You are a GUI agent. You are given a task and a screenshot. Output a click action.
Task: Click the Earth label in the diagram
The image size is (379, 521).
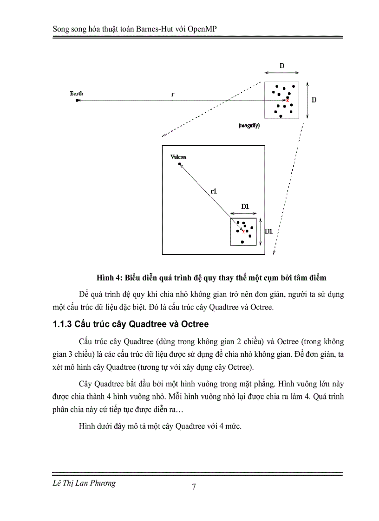click(x=77, y=94)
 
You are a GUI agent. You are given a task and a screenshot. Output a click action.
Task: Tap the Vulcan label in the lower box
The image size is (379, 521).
click(x=178, y=157)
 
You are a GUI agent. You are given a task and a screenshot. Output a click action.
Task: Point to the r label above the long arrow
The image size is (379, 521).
click(x=173, y=94)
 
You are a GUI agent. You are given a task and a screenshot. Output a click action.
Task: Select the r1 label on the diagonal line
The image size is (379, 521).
click(x=214, y=191)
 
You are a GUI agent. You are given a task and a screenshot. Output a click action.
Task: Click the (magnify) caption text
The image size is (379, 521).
click(x=249, y=126)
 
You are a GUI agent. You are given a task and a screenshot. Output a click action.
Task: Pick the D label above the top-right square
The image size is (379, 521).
click(x=282, y=66)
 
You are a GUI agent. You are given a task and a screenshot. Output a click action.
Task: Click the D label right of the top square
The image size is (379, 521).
click(x=314, y=100)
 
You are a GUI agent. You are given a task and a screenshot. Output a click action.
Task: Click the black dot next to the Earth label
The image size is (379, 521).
click(x=77, y=100)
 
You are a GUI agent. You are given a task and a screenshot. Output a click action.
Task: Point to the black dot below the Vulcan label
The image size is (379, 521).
click(x=180, y=164)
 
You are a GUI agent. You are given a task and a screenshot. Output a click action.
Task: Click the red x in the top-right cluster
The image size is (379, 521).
click(x=287, y=100)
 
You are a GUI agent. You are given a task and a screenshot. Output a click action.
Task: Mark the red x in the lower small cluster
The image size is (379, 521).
click(x=243, y=232)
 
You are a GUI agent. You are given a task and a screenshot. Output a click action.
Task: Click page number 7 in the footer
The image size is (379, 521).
click(x=194, y=487)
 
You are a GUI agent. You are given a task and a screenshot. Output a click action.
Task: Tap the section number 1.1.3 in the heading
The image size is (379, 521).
click(x=62, y=324)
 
